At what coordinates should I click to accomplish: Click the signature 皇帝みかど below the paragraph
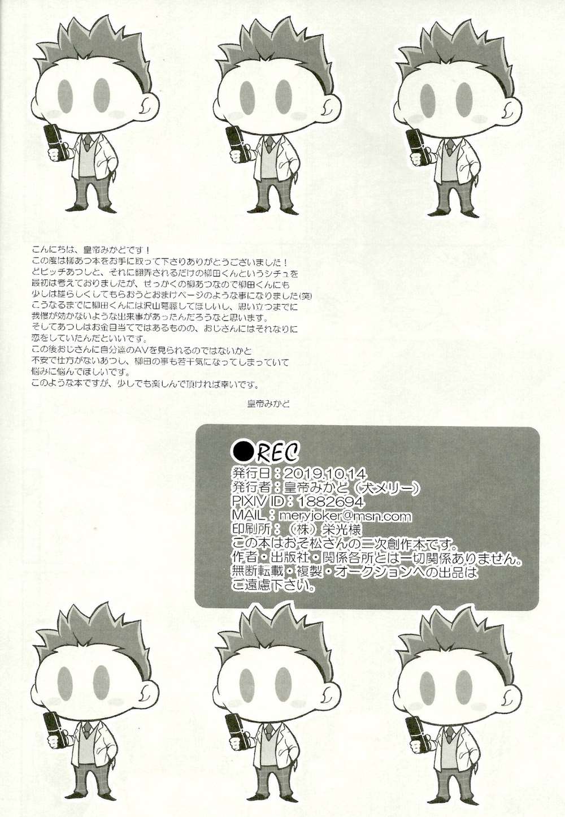tap(268, 404)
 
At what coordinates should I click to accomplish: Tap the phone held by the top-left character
tap(54, 142)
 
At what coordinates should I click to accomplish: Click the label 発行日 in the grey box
tap(253, 473)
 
